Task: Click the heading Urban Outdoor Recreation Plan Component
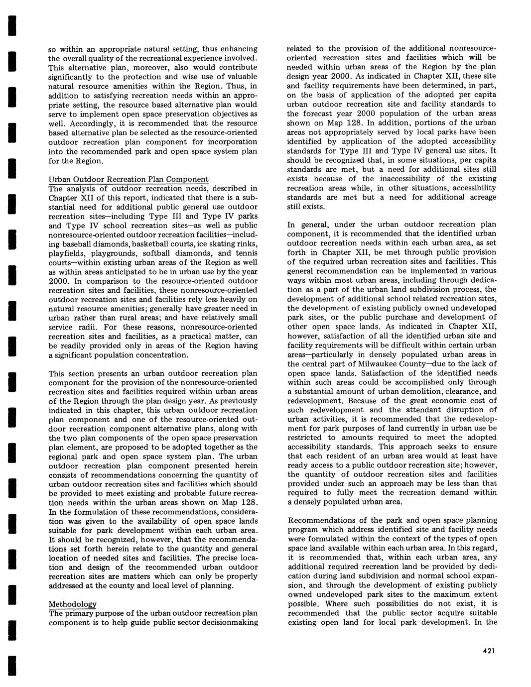[x=128, y=179]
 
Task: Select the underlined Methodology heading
[x=72, y=604]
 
